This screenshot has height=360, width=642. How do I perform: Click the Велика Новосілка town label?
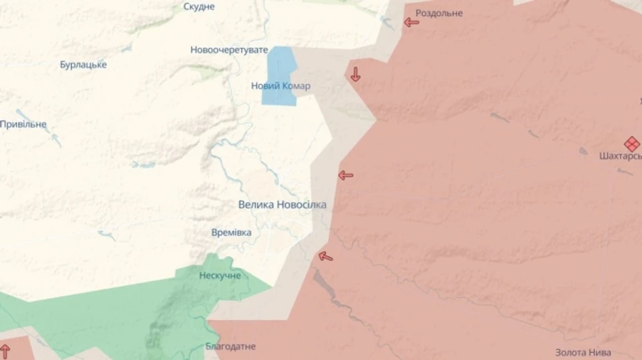pos(282,205)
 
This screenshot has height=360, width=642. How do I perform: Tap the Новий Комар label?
pos(280,86)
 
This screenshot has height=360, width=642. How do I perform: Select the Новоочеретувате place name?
pos(229,50)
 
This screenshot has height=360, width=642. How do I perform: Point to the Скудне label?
pos(199,6)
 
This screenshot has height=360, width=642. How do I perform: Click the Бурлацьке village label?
pos(83,65)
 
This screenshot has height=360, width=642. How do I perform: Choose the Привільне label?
pos(23,124)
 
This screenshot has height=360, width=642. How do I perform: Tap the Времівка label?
pos(231,233)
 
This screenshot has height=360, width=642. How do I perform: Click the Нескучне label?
pos(220,276)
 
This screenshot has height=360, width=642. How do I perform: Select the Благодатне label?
pos(230,346)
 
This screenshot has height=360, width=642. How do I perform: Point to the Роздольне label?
pos(439,14)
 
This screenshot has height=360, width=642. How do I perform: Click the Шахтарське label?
pos(621,156)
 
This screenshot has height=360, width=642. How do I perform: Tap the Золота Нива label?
pos(583,352)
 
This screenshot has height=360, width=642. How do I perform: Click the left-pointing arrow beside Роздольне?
pos(412,22)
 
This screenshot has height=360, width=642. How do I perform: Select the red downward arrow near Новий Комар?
pos(355,74)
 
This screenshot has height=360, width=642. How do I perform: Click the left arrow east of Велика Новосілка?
pos(345,175)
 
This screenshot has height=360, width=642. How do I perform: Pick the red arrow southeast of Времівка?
pos(325,256)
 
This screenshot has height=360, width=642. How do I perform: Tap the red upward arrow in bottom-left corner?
pos(5,351)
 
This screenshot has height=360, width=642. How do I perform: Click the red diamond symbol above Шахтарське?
pos(631,143)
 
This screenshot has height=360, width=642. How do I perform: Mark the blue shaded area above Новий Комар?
pos(280,64)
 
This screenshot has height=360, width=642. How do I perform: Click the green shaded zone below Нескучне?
pos(164,314)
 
